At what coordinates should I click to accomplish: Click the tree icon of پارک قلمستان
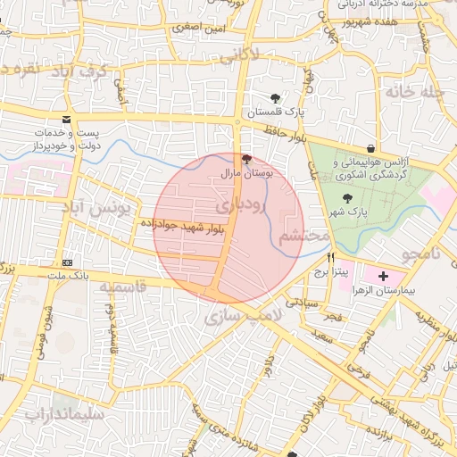click(274, 98)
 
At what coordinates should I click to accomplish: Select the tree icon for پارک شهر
click(347, 197)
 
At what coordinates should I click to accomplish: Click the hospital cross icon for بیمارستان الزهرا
click(384, 277)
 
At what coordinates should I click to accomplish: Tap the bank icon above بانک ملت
click(68, 262)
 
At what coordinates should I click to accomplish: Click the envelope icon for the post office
click(67, 120)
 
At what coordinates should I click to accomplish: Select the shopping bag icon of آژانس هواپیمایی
click(370, 148)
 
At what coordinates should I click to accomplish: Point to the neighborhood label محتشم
click(297, 238)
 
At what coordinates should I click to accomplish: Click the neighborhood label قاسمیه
click(122, 288)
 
